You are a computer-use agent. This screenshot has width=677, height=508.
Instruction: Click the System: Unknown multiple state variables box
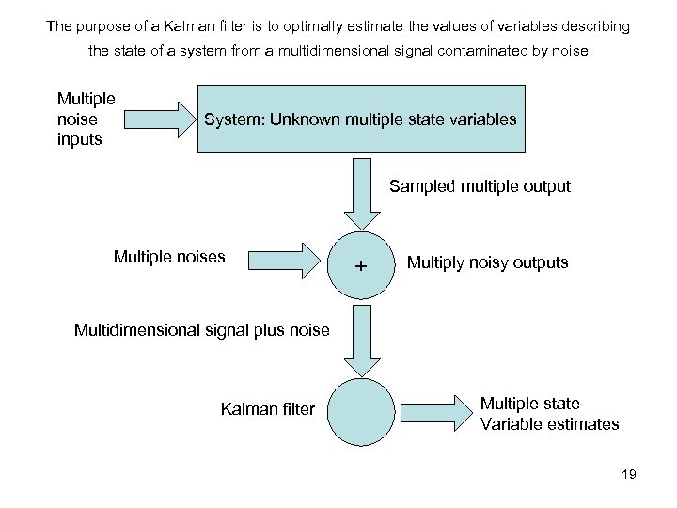[x=361, y=119]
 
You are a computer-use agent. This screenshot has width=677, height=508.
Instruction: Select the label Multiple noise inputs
[x=86, y=119]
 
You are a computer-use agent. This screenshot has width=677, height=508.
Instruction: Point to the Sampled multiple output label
[x=480, y=186]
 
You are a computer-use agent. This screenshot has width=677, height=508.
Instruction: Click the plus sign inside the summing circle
[x=361, y=266]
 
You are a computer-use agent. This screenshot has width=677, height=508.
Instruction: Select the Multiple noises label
[x=169, y=257]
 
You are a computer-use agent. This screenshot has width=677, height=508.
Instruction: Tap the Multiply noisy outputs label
[x=487, y=262]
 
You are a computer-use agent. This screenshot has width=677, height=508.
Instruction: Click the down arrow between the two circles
[x=362, y=338]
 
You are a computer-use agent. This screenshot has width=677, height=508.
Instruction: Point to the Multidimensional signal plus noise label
[x=202, y=329]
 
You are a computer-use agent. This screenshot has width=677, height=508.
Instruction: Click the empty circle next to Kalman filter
[x=362, y=410]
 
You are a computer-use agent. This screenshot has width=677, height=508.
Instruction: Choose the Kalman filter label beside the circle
[x=268, y=408]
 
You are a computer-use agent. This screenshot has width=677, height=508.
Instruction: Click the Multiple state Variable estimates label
[x=549, y=414]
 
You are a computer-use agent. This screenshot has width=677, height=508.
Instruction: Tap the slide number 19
[x=628, y=474]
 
